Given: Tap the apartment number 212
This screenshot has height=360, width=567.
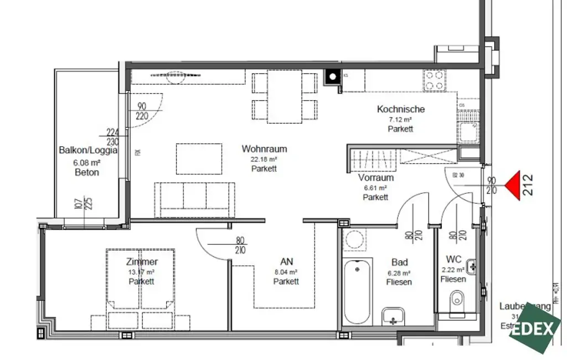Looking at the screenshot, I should pyautogui.click(x=528, y=186).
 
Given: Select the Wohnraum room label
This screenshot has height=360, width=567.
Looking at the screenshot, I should pyautogui.click(x=264, y=149).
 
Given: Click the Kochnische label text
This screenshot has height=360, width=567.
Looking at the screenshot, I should pyautogui.click(x=401, y=109).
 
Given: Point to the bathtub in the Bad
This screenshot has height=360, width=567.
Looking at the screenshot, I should pyautogui.click(x=357, y=292).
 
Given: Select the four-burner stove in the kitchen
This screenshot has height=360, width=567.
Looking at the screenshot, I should pyautogui.click(x=435, y=80).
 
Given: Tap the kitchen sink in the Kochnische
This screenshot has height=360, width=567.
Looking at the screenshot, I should pyautogui.click(x=468, y=132).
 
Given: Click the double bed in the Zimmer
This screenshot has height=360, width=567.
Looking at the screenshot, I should pyautogui.click(x=142, y=288).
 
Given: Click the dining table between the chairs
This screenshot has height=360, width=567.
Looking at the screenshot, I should pyautogui.click(x=285, y=96).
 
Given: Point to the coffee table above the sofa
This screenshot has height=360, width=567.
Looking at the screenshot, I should pyautogui.click(x=199, y=160).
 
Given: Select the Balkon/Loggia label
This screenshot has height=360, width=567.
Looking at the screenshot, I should pyautogui.click(x=87, y=150).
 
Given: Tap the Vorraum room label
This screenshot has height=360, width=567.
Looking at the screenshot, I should pyautogui.click(x=376, y=178).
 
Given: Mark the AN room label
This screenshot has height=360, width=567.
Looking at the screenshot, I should pyautogui.click(x=286, y=261).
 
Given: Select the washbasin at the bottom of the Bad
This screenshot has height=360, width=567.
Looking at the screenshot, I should pyautogui.click(x=394, y=317).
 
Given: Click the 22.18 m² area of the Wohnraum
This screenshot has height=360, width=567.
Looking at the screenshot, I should pyautogui.click(x=264, y=159).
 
